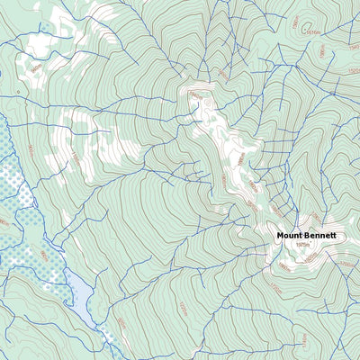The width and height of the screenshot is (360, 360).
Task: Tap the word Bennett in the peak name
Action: pyautogui.click(x=321, y=235)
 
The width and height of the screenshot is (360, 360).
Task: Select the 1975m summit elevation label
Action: pyautogui.click(x=302, y=244)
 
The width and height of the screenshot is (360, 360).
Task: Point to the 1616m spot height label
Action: pyautogui.click(x=314, y=33)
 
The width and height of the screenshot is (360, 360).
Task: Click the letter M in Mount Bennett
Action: pyautogui.click(x=280, y=235)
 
